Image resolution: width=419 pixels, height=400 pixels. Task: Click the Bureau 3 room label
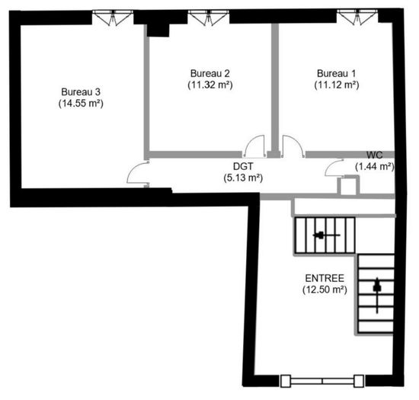click(x=81, y=92)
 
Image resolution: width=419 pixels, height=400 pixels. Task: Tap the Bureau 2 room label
click(x=210, y=73)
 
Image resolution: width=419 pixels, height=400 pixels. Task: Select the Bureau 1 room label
click(x=337, y=73)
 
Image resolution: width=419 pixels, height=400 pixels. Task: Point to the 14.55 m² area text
click(x=81, y=104)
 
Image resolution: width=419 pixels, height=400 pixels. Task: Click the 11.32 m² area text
click(x=210, y=85)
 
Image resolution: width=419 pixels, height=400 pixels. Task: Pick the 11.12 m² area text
click(x=337, y=85)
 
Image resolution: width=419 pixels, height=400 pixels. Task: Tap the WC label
click(x=374, y=155)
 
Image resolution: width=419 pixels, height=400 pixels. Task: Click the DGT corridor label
click(x=243, y=166)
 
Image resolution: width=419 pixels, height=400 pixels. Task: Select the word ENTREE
click(x=325, y=278)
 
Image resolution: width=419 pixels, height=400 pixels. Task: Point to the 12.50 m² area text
click(x=325, y=290)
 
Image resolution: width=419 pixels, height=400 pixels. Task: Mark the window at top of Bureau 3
click(x=113, y=18)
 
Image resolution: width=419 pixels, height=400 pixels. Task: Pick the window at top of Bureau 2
click(x=209, y=18)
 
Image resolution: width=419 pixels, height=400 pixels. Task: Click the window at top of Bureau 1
click(x=357, y=18)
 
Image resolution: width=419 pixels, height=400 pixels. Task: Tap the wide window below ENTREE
click(x=322, y=381)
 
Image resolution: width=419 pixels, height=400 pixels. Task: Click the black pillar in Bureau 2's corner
click(x=158, y=30)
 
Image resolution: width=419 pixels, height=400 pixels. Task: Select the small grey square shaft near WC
click(x=348, y=185)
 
